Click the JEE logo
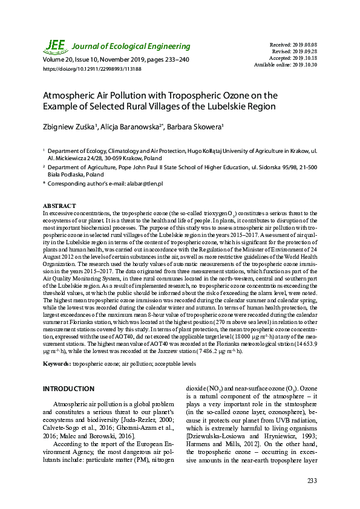point(55,46)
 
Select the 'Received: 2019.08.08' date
point(300,45)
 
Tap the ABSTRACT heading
point(59,206)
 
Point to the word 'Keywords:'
point(56,364)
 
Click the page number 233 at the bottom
point(312,481)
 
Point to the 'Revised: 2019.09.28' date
point(301,51)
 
